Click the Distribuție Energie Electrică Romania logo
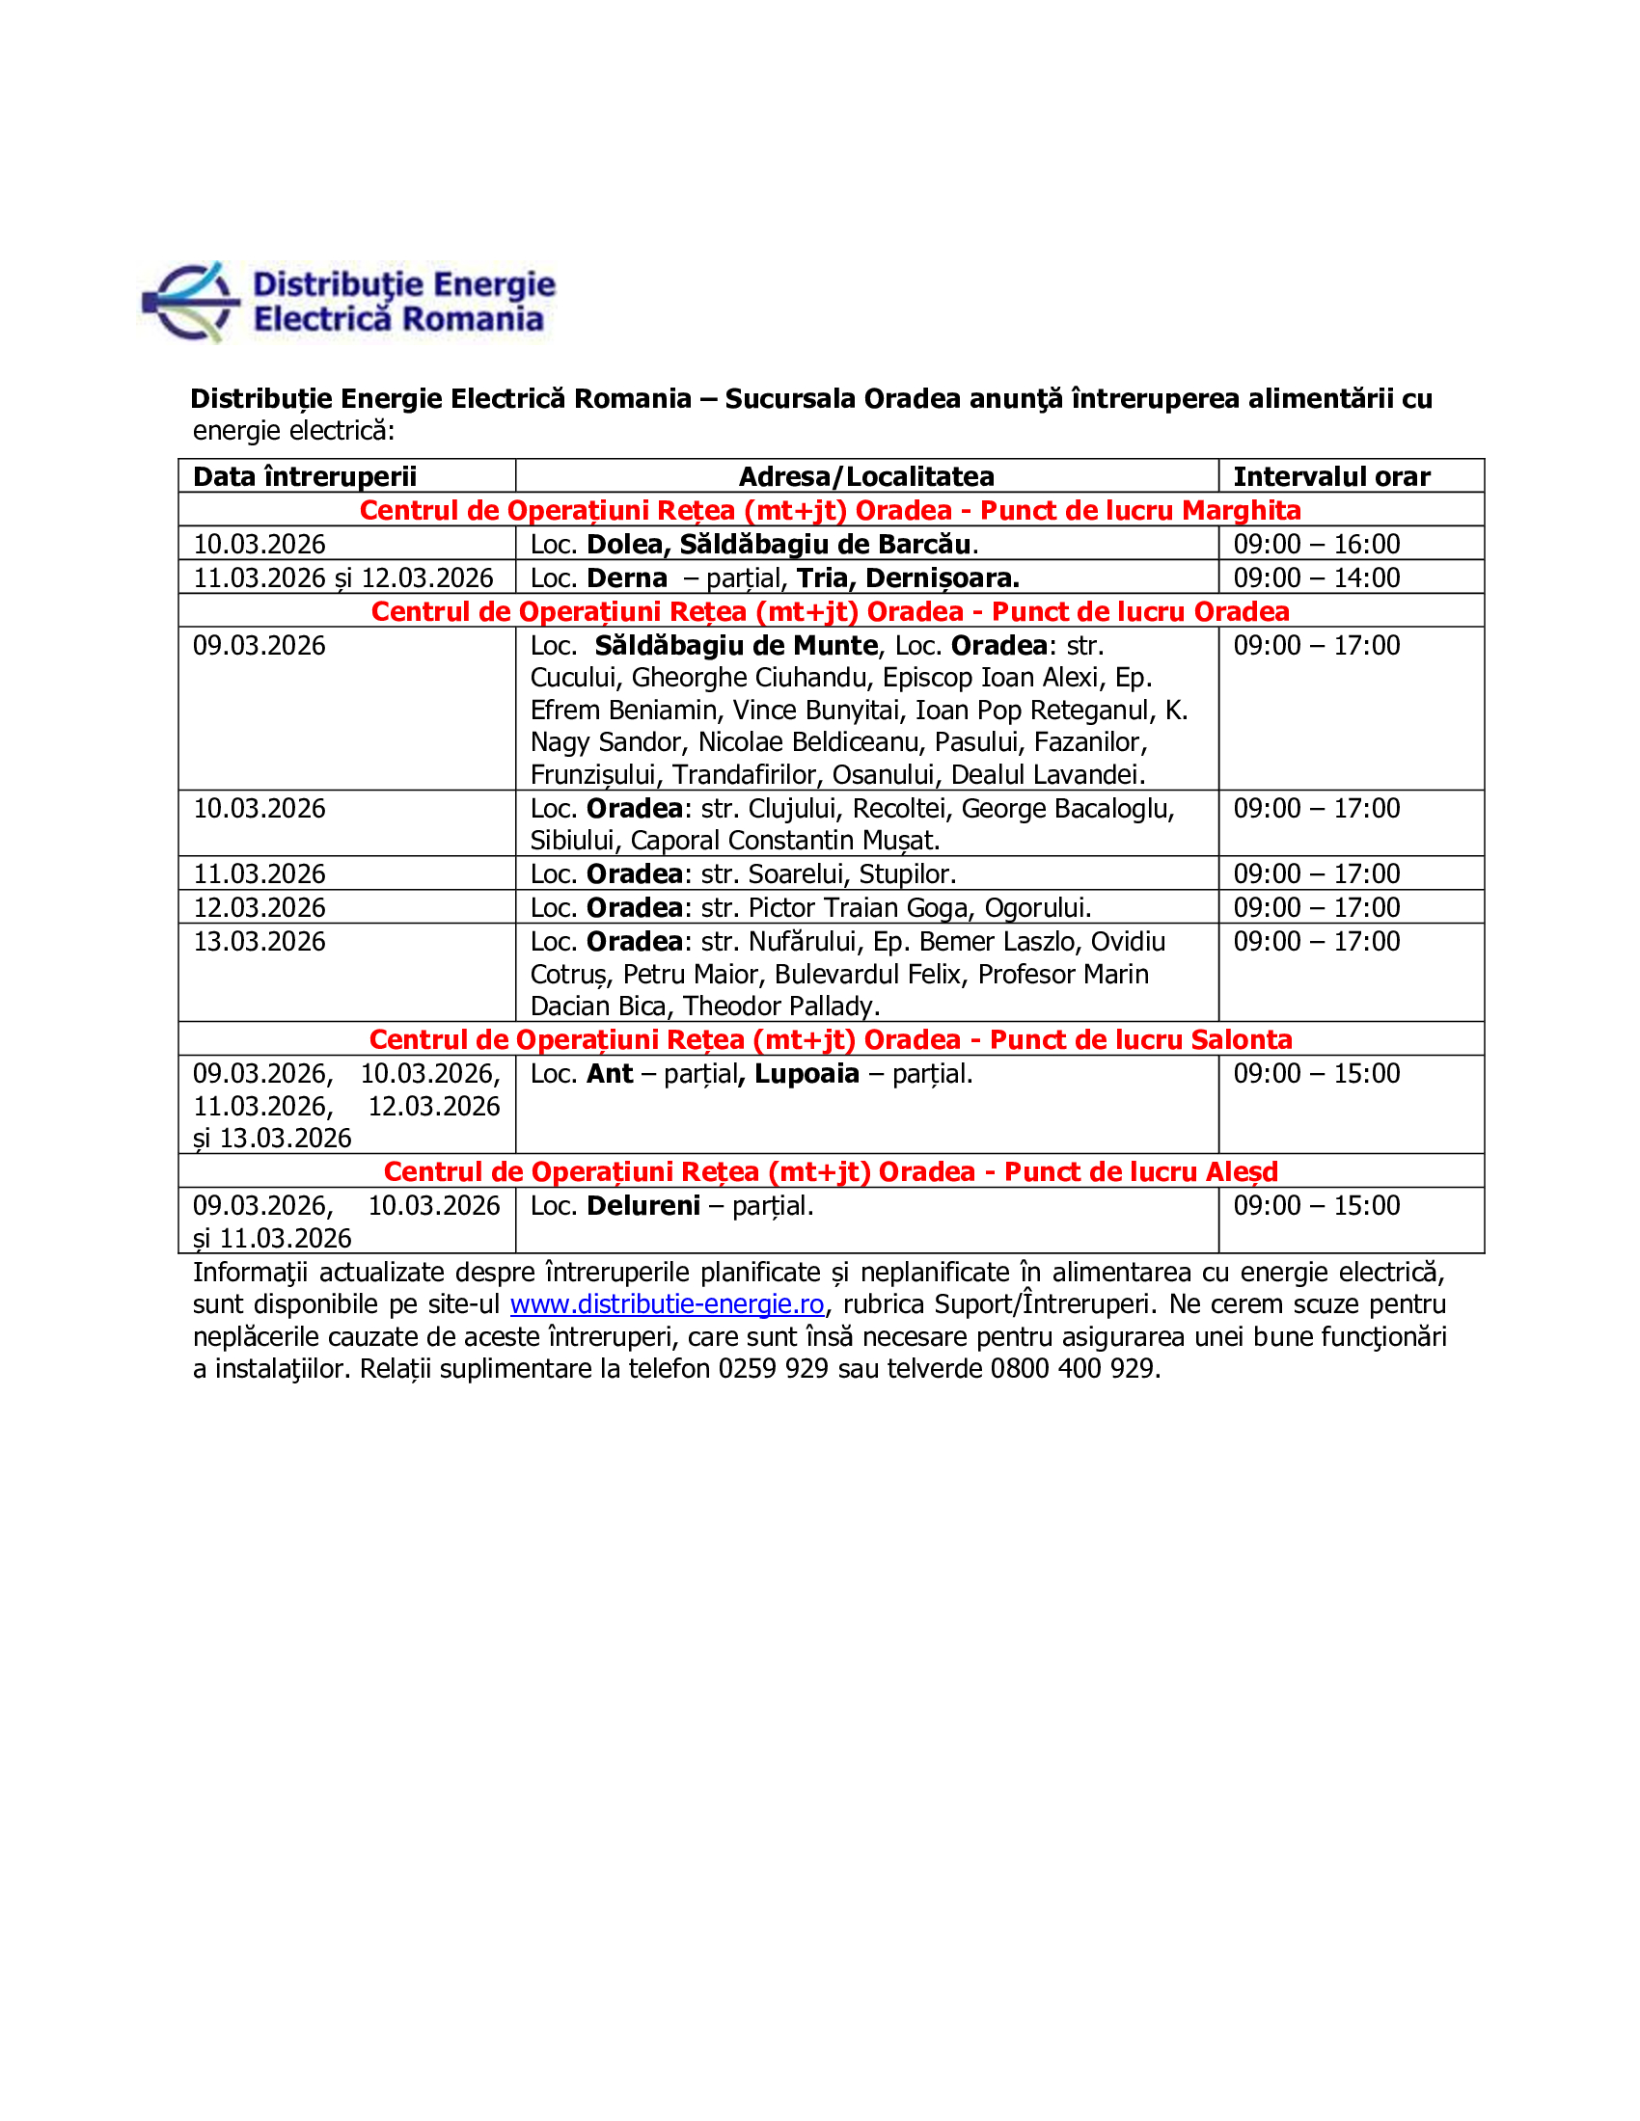click(348, 302)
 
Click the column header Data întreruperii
click(304, 476)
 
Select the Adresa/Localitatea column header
click(865, 476)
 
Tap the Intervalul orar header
click(1331, 476)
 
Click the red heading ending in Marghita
click(830, 510)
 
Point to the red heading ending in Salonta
click(830, 1039)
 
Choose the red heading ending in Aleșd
click(830, 1171)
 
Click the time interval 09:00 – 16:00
click(1317, 544)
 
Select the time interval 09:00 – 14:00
click(1317, 577)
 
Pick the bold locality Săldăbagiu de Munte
click(735, 646)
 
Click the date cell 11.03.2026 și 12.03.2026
click(343, 577)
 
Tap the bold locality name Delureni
click(643, 1205)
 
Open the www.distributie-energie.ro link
click(667, 1304)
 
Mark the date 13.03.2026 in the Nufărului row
click(260, 941)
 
